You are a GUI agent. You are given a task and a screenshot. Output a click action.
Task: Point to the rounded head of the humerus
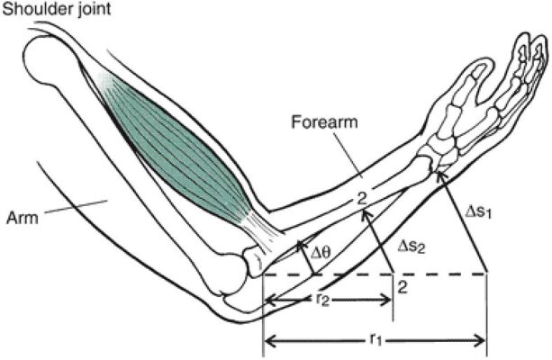coord(50,65)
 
